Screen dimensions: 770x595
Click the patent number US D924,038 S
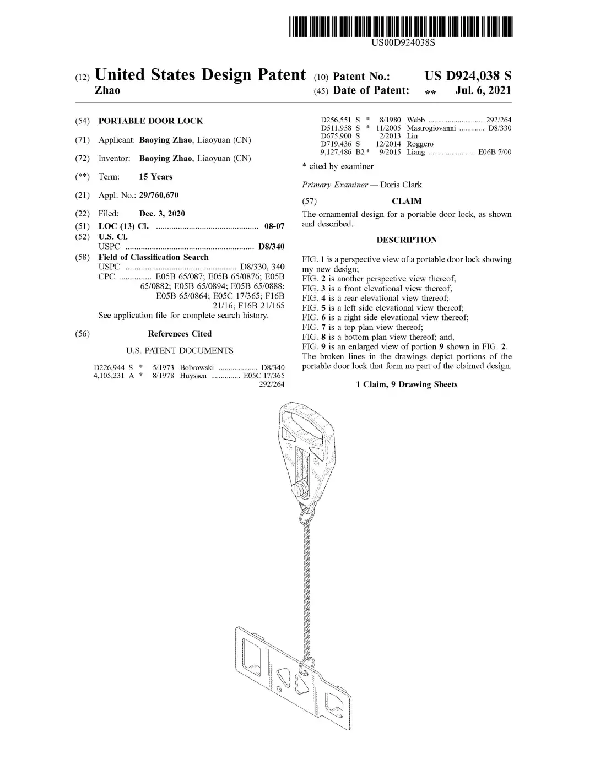tap(468, 76)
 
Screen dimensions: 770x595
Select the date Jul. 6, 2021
tap(483, 90)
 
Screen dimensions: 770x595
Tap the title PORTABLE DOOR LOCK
tap(150, 121)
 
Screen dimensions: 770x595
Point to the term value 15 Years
tap(155, 177)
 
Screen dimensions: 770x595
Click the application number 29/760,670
tap(159, 195)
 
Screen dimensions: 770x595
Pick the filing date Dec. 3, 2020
tap(162, 214)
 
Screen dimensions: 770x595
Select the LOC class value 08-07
tap(274, 226)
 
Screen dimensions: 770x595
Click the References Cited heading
tap(180, 334)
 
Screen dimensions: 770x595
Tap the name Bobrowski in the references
tap(197, 367)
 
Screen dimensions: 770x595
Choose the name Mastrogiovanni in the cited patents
tap(431, 128)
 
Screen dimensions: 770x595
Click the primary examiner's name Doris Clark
tap(401, 185)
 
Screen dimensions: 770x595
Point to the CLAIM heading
tap(407, 202)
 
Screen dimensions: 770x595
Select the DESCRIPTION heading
tap(407, 240)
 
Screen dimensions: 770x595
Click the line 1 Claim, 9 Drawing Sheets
tap(407, 384)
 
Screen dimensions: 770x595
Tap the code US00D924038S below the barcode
tap(403, 42)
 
